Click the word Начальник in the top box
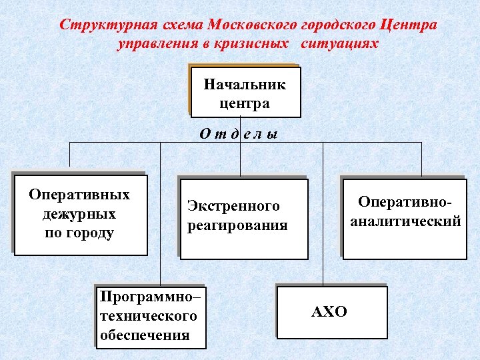coord(244,85)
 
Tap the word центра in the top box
coord(244,103)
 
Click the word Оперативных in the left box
coord(79,195)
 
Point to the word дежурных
coord(79,214)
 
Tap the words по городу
coord(79,233)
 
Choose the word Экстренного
coord(233,206)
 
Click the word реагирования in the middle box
coord(237,225)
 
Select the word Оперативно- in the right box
coord(405,201)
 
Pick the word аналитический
coord(405,221)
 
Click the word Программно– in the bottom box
coord(150,295)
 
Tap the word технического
coord(148,315)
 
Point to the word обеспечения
coord(145,334)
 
